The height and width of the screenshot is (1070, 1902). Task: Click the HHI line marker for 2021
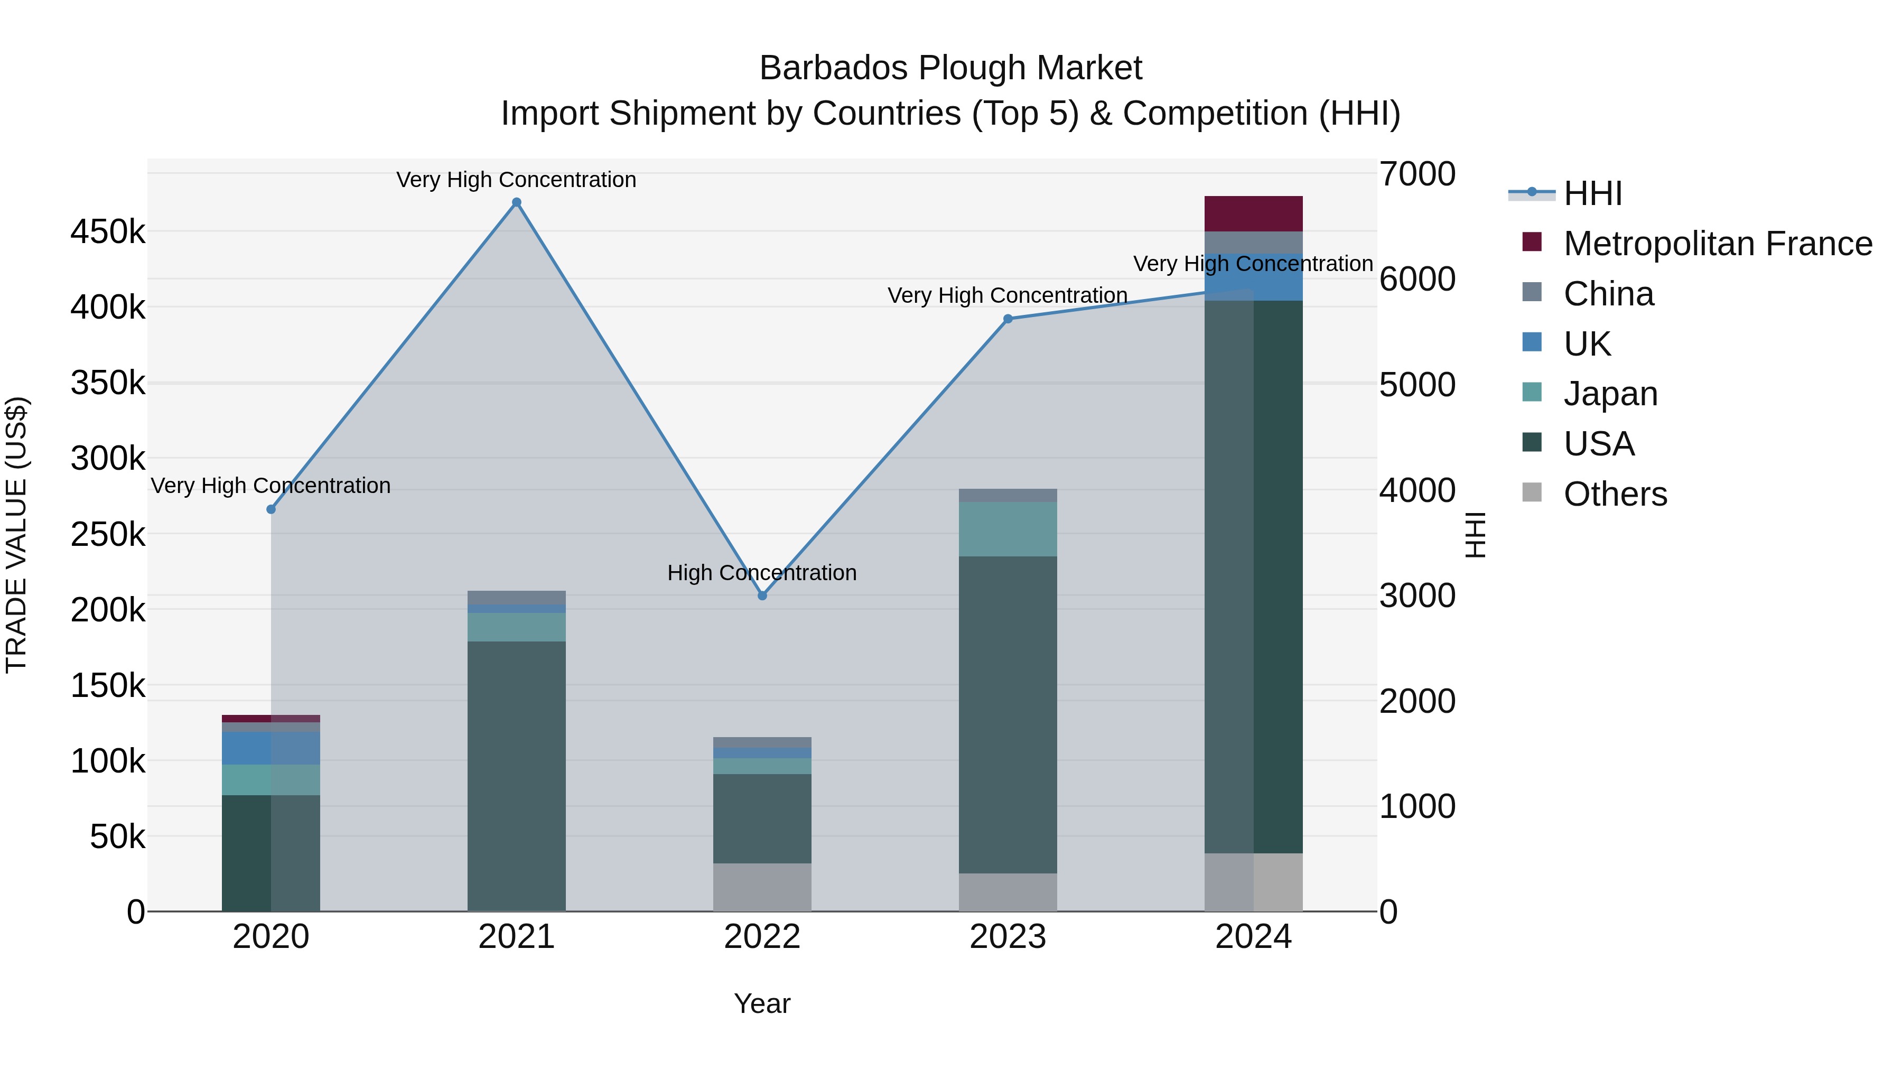click(516, 202)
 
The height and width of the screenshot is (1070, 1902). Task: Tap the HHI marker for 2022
click(762, 595)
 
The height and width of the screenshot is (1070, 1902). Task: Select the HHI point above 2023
click(1008, 319)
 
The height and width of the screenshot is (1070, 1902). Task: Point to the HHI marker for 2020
click(271, 509)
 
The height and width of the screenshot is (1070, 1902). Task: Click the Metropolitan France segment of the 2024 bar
click(1253, 213)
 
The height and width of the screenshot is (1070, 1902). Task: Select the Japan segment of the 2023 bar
click(1008, 529)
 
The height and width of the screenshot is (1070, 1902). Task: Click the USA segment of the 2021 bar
click(516, 775)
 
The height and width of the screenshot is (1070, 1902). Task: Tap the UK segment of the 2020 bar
click(271, 748)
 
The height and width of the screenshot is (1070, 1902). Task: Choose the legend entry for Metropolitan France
click(1718, 244)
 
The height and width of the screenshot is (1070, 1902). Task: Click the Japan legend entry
click(1610, 394)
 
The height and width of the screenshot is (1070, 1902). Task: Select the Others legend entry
click(1615, 494)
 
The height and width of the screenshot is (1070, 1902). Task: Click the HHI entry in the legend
click(1592, 193)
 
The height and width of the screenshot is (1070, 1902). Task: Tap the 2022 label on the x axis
click(762, 937)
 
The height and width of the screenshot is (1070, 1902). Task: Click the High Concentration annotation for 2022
click(762, 573)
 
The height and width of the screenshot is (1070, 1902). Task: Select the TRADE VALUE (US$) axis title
click(16, 535)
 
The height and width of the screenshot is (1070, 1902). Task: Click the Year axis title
click(762, 1003)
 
